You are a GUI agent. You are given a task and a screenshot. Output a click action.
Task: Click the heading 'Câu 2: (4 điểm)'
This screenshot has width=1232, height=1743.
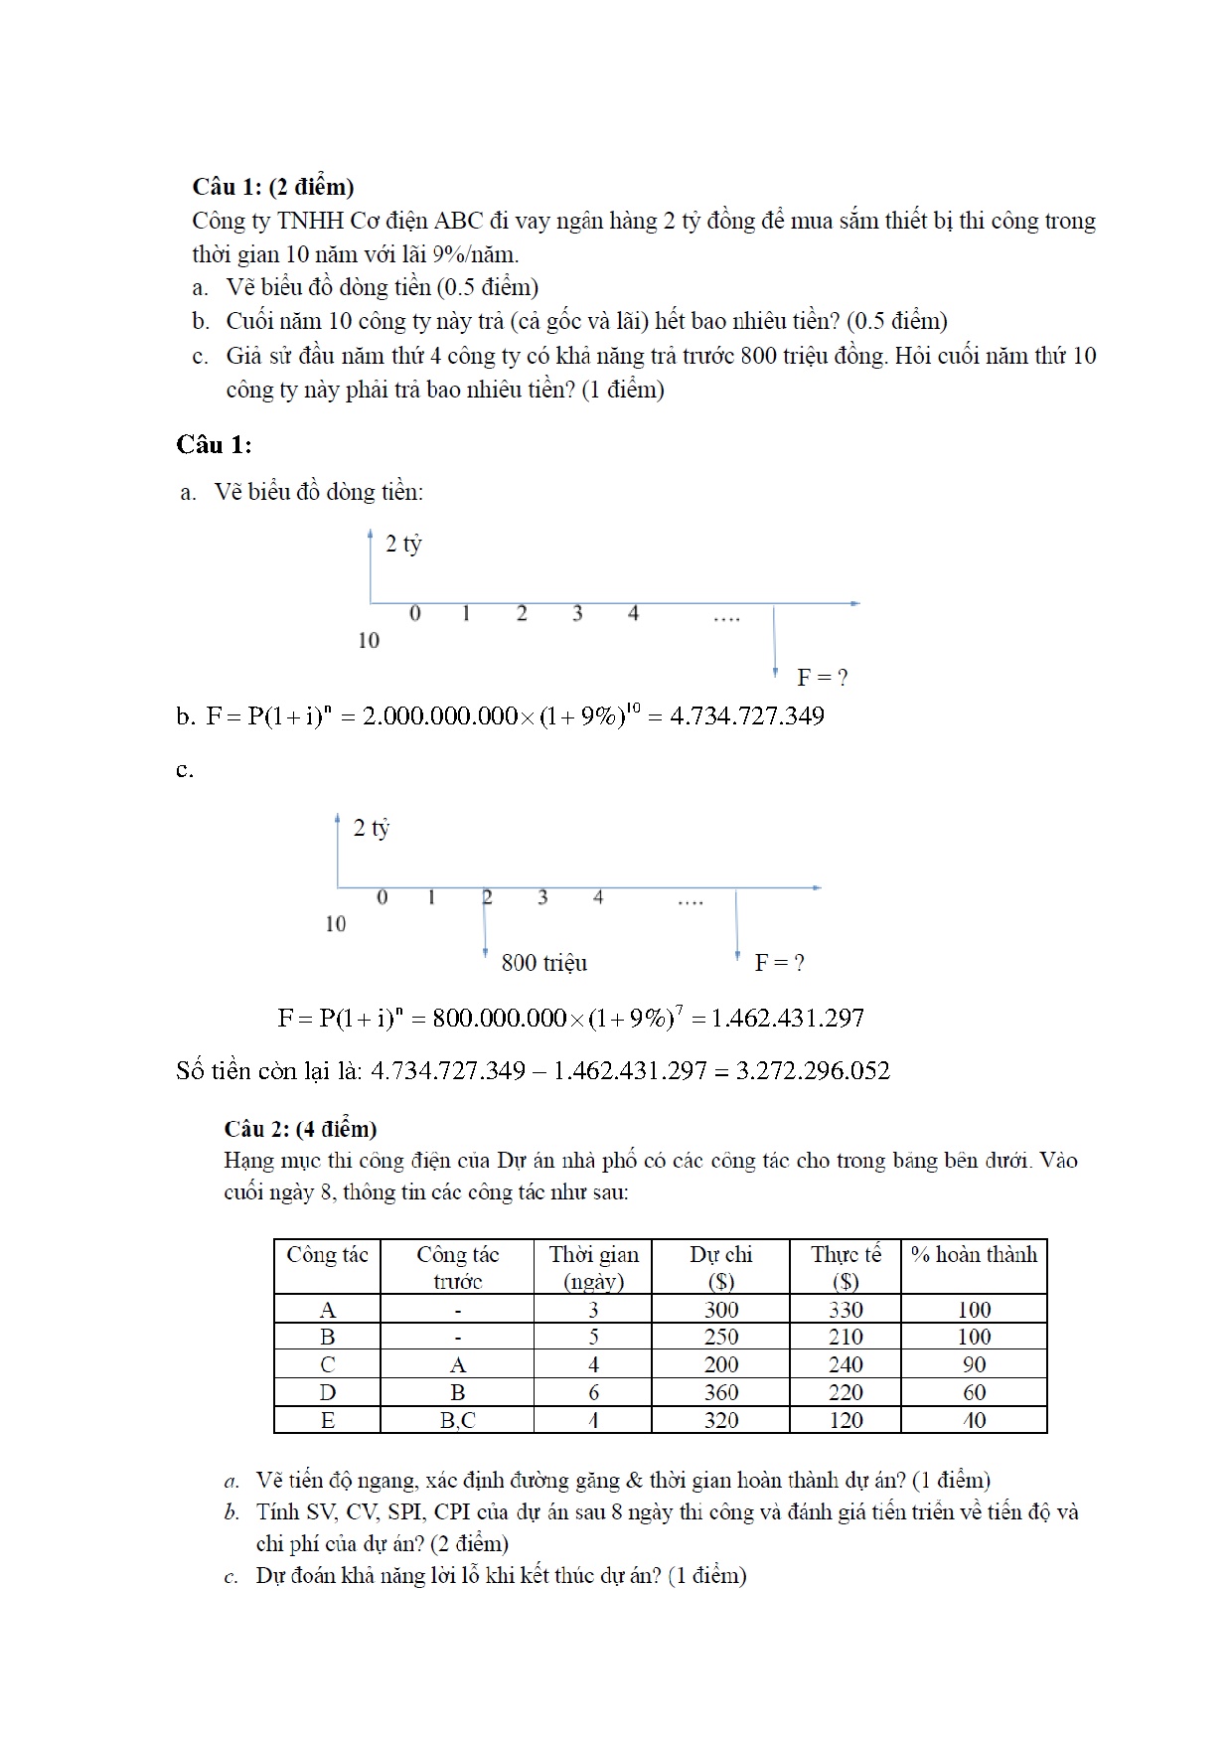point(300,1128)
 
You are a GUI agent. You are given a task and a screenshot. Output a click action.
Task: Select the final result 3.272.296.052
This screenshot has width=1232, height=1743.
point(813,1070)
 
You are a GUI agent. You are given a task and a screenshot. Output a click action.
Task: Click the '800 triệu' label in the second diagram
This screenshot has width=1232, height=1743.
point(543,962)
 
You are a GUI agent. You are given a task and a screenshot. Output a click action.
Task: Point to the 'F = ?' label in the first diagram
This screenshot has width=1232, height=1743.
point(822,678)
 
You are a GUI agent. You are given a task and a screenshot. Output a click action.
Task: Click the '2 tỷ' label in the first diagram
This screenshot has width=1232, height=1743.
point(403,544)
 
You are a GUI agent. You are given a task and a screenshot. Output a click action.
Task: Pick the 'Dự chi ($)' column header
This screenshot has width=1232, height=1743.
point(720,1267)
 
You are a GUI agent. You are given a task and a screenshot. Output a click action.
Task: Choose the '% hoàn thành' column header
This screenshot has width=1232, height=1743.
point(974,1255)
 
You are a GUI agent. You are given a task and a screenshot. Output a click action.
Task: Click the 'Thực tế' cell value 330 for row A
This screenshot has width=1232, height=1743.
point(846,1310)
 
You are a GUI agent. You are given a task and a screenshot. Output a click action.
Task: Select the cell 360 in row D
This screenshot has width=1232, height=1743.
point(720,1392)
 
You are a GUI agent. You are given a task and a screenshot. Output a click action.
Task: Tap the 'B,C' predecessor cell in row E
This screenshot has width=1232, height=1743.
point(457,1420)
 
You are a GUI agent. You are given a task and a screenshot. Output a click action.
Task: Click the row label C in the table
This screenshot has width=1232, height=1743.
point(327,1364)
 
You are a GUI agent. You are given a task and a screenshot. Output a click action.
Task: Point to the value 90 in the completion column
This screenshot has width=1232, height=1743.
point(974,1364)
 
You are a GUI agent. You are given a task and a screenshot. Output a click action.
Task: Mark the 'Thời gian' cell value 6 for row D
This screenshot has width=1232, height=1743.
point(593,1392)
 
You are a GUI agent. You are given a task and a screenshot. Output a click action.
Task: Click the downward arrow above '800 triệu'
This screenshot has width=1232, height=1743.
point(485,924)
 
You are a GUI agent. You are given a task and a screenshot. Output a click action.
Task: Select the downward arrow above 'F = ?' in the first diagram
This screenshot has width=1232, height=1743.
point(775,641)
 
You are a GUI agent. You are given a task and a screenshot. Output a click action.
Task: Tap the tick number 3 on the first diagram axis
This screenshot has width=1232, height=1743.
point(577,614)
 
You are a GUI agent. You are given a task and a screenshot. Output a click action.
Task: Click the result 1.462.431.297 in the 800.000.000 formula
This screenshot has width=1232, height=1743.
point(788,1019)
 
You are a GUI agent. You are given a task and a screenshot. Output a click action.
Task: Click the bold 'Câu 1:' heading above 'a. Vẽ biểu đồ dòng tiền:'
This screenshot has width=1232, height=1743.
point(214,444)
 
